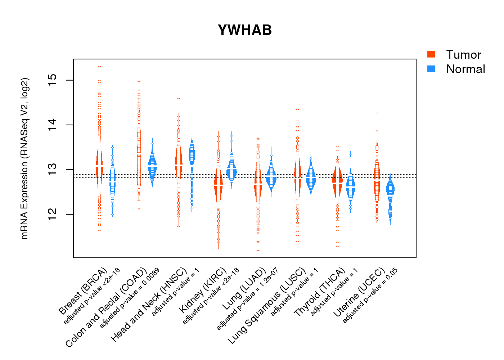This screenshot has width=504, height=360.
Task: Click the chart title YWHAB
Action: (245, 30)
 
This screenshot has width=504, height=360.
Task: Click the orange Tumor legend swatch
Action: (431, 54)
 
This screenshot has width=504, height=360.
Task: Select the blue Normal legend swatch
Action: (431, 69)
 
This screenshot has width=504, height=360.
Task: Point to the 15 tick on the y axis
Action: (53, 80)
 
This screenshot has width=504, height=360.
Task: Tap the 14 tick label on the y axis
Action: (53, 125)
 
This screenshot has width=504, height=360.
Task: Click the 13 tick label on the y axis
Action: (53, 170)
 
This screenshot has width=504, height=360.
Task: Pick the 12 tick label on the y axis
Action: (53, 214)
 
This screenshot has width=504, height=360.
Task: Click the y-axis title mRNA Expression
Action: (24, 158)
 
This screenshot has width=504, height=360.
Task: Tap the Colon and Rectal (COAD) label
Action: (106, 307)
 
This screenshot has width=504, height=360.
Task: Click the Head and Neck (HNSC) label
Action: (149, 305)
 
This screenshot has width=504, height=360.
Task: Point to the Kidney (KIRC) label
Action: (203, 290)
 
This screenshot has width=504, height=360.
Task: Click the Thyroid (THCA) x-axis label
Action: (320, 292)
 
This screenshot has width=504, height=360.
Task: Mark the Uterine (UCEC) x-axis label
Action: (359, 293)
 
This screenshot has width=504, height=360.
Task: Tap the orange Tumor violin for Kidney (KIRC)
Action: (218, 185)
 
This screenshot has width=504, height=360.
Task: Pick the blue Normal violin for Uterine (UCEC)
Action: (390, 194)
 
